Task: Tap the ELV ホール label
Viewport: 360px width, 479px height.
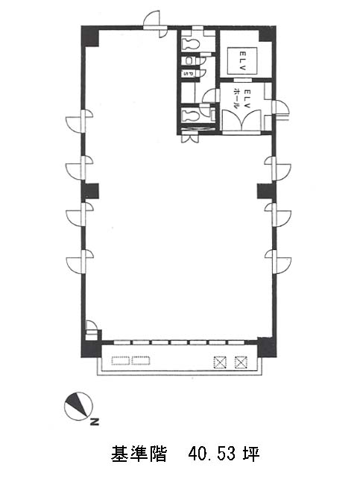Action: coord(242,99)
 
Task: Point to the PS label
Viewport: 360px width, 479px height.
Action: coord(188,74)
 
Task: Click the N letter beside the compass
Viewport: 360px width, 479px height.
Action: coord(95,422)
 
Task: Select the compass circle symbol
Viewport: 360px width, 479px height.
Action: coord(78,407)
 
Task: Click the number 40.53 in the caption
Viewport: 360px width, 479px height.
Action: coord(212,454)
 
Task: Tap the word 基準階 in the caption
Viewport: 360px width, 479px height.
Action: coord(139,454)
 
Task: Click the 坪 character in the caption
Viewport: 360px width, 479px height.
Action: coord(251,454)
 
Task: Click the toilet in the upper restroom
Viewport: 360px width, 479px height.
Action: coord(190,44)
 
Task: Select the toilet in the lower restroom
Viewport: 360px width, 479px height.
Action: coord(190,116)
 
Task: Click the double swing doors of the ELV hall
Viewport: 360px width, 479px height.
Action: coord(241,121)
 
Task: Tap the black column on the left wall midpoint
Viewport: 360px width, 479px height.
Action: coord(90,191)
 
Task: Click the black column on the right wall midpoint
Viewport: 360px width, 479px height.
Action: coord(267,191)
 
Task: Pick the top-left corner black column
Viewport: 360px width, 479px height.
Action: coord(90,37)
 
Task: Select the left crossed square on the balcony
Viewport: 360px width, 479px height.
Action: coord(220,363)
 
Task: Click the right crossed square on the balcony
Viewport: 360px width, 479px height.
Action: coord(241,363)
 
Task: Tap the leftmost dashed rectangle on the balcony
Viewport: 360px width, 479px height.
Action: coord(121,360)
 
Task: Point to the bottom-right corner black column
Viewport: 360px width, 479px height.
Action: coord(267,348)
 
